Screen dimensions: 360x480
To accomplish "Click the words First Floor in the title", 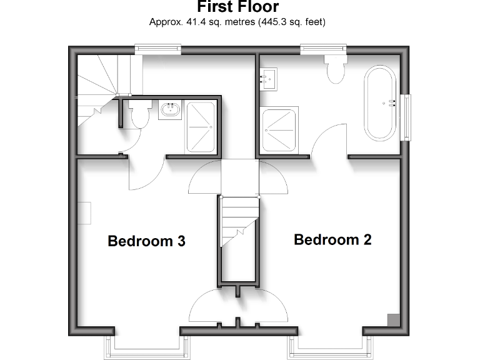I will tap(237, 7).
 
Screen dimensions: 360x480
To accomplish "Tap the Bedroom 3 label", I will tap(146, 241).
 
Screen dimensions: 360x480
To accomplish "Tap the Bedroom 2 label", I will tap(332, 240).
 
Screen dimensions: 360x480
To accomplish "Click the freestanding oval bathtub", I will tap(380, 103).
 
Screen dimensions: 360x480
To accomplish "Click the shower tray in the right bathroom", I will tap(280, 129).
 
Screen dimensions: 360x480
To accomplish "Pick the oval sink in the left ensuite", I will tap(170, 111).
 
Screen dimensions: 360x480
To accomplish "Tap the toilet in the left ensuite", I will tap(139, 115).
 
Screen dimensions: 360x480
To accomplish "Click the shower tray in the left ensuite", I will tap(201, 126).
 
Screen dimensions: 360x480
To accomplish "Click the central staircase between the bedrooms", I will tap(239, 222).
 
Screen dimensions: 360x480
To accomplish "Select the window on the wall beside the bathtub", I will tap(408, 117).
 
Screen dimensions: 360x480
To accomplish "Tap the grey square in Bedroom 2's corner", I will tap(393, 320).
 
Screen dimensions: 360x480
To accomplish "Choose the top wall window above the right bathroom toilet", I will tap(324, 48).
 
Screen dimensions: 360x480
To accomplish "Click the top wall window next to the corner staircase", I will tap(159, 48).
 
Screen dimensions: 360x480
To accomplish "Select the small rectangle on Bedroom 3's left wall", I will tap(84, 213).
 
